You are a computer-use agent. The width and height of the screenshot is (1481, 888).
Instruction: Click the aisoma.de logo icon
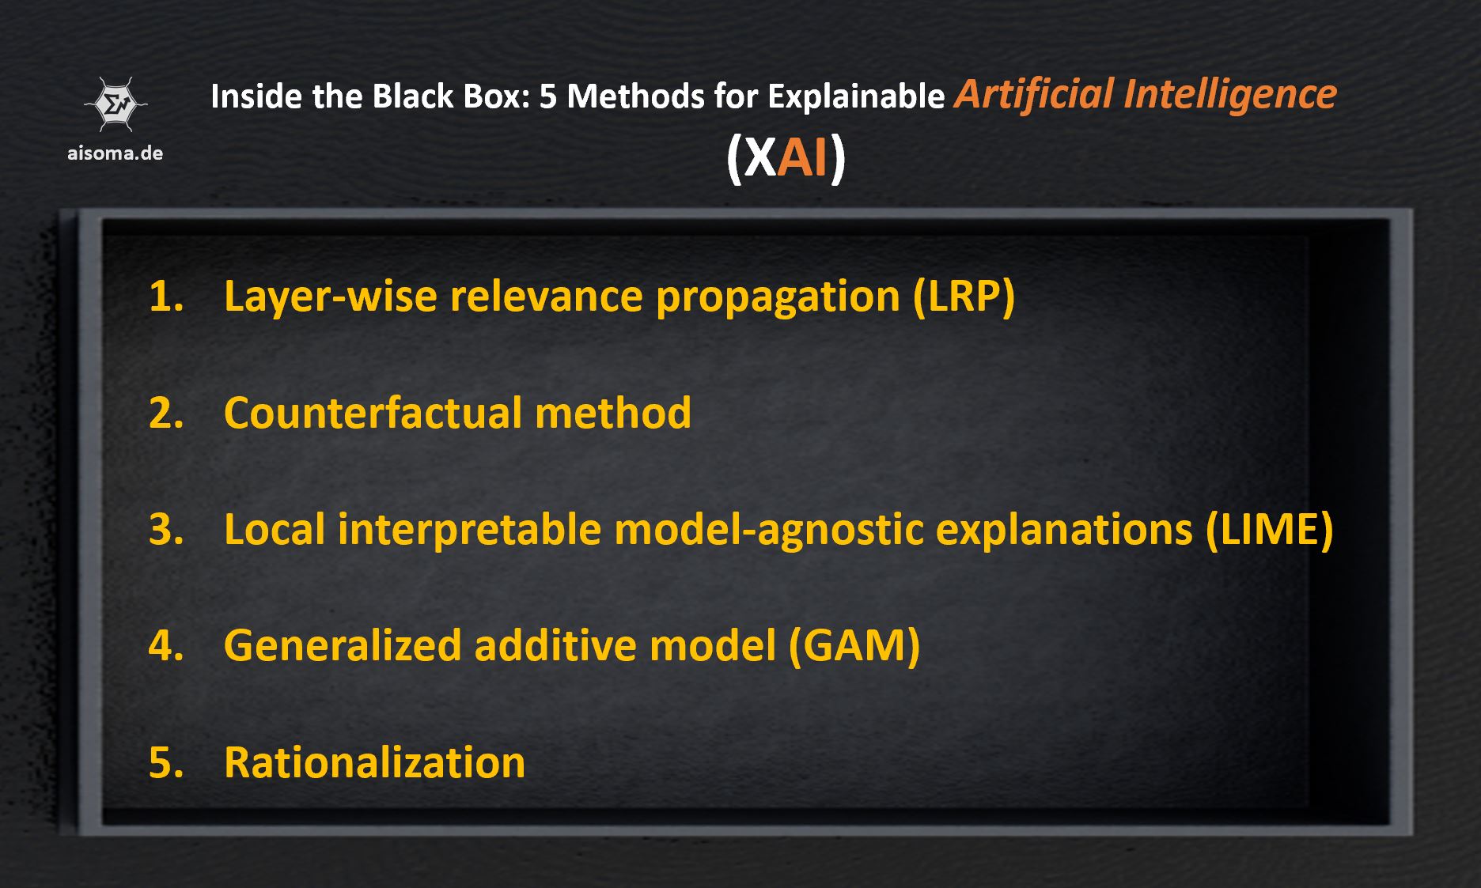click(x=116, y=104)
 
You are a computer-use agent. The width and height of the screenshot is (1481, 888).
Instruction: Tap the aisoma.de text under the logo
click(x=116, y=153)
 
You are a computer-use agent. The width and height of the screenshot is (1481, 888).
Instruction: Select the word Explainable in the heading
click(x=856, y=96)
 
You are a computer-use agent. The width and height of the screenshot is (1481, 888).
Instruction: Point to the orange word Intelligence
click(x=1229, y=94)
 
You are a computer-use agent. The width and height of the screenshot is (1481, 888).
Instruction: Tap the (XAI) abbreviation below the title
click(x=786, y=157)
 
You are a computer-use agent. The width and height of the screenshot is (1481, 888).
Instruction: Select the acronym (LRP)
click(x=964, y=297)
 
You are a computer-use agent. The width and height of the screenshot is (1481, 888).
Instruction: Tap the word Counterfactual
click(x=373, y=413)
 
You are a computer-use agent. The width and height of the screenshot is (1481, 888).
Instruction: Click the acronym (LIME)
click(x=1270, y=529)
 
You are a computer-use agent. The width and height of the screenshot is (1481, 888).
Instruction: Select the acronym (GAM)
click(x=854, y=645)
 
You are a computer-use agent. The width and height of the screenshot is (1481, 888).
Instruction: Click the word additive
click(x=556, y=645)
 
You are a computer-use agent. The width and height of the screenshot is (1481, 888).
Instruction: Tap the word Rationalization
click(x=374, y=762)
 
